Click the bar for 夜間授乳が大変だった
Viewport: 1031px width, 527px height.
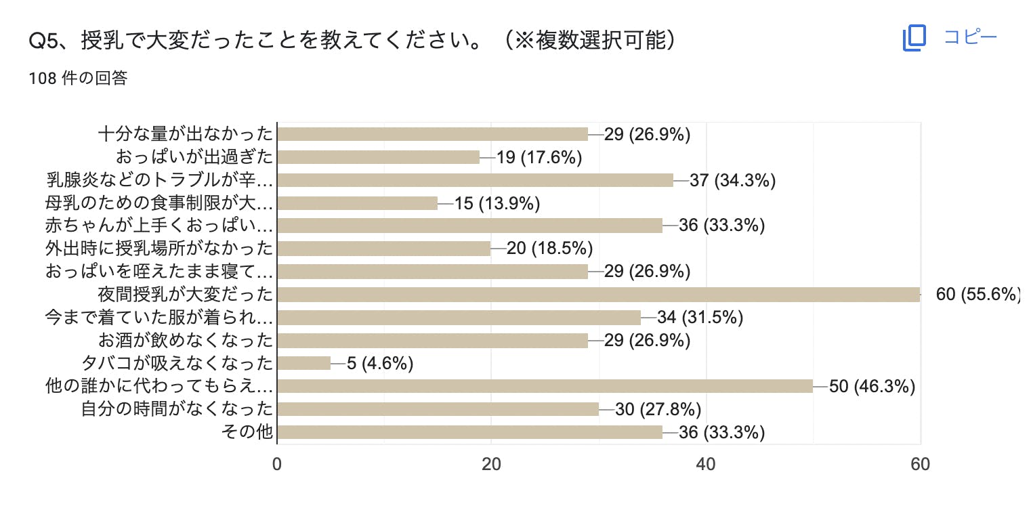(599, 295)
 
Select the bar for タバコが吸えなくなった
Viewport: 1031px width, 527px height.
(304, 363)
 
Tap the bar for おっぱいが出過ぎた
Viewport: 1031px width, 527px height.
(379, 157)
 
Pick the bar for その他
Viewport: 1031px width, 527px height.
(470, 432)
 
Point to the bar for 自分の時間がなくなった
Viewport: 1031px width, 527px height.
(438, 409)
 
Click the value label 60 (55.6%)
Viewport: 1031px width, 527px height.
(977, 295)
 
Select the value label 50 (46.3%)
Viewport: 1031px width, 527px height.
(872, 386)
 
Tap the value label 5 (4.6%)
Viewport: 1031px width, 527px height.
(380, 364)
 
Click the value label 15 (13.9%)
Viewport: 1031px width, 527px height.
(497, 203)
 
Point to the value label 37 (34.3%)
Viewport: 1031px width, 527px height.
(732, 180)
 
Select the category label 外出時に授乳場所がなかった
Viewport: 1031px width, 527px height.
(159, 249)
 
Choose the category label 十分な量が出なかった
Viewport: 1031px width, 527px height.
(186, 134)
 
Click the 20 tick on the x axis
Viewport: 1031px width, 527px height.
(491, 465)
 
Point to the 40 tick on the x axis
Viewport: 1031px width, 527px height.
(706, 465)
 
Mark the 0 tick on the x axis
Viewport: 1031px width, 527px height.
(277, 465)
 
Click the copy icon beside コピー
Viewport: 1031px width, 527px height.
(914, 38)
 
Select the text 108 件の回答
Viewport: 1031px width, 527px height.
(78, 79)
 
